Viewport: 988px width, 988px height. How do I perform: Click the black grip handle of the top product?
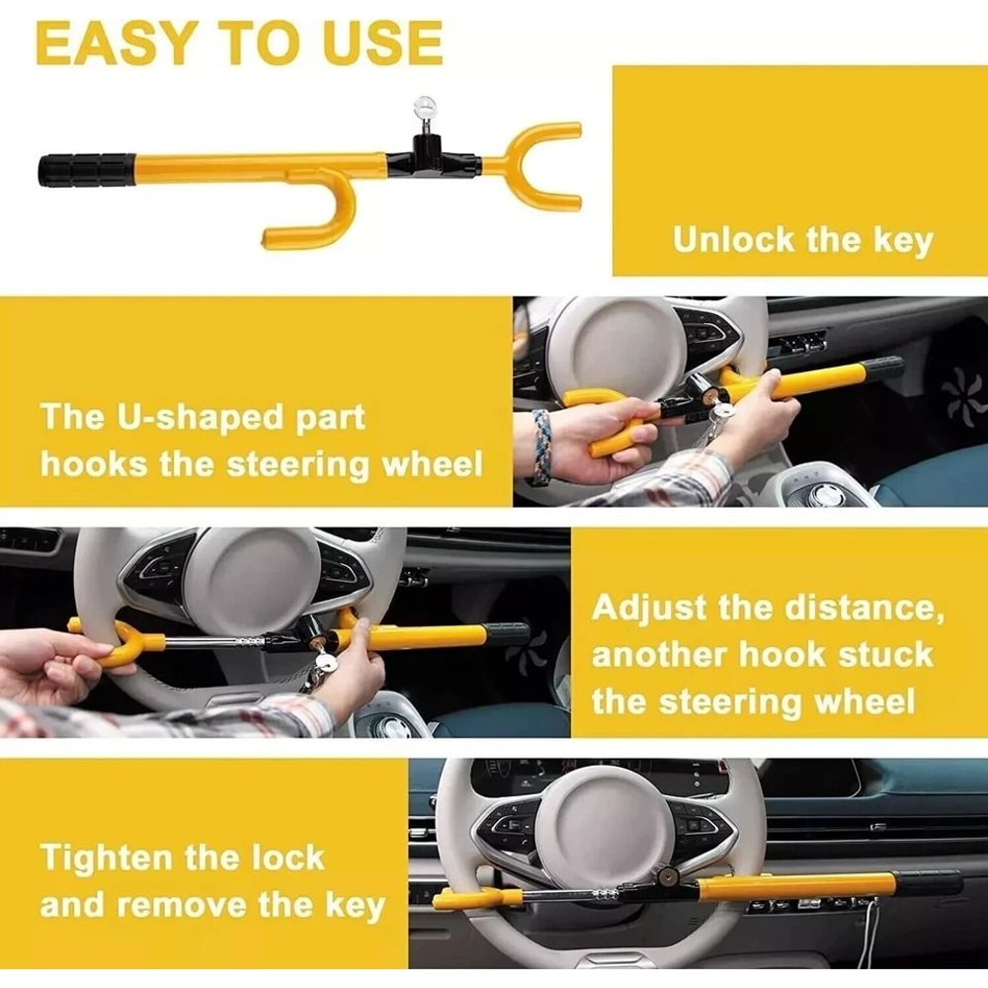click(x=86, y=169)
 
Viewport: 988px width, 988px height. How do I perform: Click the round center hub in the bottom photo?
click(x=606, y=827)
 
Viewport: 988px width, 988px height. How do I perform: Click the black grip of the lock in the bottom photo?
click(x=929, y=882)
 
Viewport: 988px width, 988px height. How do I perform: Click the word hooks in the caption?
click(x=94, y=463)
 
